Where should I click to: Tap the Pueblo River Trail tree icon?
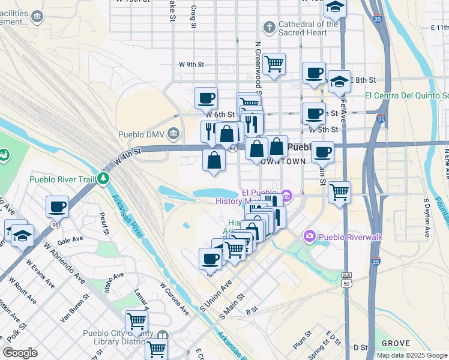(x=104, y=178)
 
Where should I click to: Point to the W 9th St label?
(x=191, y=64)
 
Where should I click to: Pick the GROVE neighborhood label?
(x=395, y=343)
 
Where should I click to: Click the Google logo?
(x=20, y=353)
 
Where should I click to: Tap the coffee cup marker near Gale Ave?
(x=58, y=207)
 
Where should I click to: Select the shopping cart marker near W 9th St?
(x=274, y=63)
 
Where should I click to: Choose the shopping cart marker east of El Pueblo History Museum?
(x=339, y=192)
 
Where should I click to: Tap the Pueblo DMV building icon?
(x=174, y=133)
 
